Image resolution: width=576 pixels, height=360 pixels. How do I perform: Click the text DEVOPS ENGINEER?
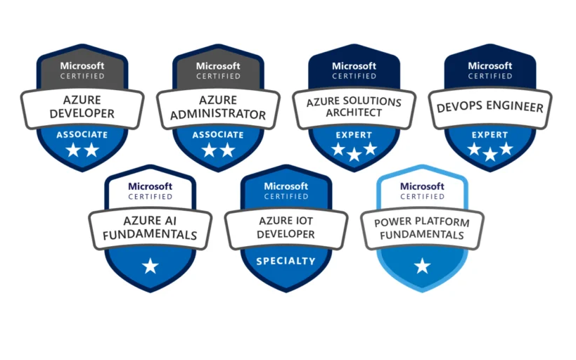click(490, 108)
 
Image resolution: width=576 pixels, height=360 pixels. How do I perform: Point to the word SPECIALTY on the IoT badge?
click(286, 261)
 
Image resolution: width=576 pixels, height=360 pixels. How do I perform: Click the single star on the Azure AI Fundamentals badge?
click(150, 266)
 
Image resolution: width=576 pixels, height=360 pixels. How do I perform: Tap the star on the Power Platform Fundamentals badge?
click(422, 266)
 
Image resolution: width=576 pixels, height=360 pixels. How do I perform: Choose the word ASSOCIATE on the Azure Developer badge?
click(82, 134)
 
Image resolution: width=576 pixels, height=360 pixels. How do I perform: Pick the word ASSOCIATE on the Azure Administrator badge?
click(217, 134)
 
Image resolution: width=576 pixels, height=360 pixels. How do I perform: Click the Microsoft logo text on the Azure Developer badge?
click(82, 65)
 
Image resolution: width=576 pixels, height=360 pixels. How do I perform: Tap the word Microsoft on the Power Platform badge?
click(422, 186)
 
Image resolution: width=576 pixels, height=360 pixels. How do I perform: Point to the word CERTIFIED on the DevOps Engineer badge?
click(490, 76)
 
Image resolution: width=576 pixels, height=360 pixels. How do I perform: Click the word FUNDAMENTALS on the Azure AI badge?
click(150, 235)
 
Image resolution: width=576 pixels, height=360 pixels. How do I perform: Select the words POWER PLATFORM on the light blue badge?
click(422, 222)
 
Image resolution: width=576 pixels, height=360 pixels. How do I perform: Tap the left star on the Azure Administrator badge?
click(209, 150)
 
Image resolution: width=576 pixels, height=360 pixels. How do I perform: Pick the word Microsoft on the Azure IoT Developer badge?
click(286, 186)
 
